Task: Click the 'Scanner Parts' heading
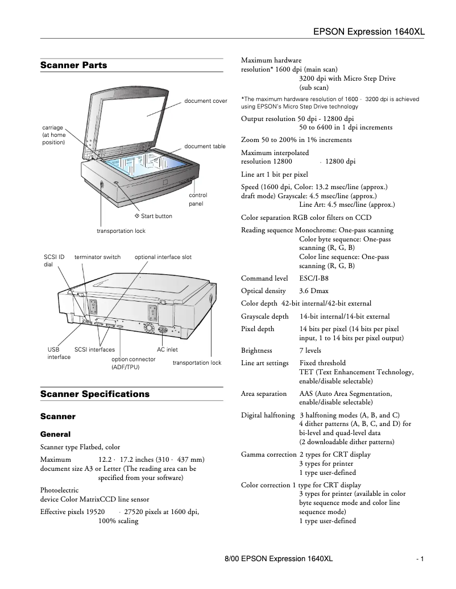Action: pyautogui.click(x=73, y=65)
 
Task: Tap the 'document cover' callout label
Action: pyautogui.click(x=205, y=101)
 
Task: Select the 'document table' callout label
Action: pyautogui.click(x=205, y=147)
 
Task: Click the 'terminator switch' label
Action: pyautogui.click(x=97, y=257)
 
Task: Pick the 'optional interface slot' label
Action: pyautogui.click(x=163, y=257)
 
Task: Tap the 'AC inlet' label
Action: pyautogui.click(x=167, y=350)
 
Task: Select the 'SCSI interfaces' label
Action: pyautogui.click(x=94, y=350)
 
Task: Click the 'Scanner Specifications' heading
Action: pyautogui.click(x=94, y=394)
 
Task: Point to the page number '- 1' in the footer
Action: pyautogui.click(x=420, y=559)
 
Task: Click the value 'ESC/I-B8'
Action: pyautogui.click(x=313, y=278)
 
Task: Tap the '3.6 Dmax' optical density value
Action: pyautogui.click(x=313, y=291)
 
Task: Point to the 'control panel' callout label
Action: pyautogui.click(x=198, y=199)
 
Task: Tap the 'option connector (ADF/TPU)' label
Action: pyautogui.click(x=133, y=363)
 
